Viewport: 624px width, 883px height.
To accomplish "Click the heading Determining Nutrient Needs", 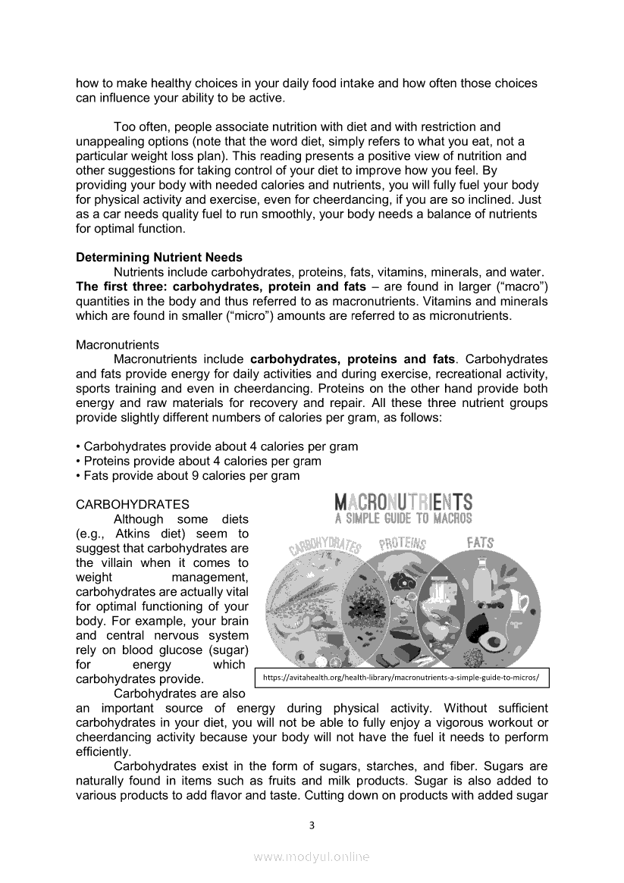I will [x=159, y=258].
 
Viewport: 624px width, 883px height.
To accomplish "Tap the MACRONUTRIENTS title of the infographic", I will [x=403, y=502].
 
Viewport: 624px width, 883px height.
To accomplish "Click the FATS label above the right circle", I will [x=480, y=543].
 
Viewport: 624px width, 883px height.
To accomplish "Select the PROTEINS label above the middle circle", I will [x=402, y=543].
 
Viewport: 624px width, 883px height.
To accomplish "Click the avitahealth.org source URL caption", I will [x=401, y=678].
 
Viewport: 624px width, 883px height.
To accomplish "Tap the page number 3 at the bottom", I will [x=312, y=825].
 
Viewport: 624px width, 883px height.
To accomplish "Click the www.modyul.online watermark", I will [x=312, y=857].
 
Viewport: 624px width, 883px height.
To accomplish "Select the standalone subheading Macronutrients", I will [x=118, y=345].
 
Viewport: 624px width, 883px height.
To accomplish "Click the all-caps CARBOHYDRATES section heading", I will [x=133, y=504].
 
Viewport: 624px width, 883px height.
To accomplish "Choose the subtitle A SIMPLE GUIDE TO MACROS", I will [x=403, y=519].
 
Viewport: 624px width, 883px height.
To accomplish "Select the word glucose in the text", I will [x=174, y=650].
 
